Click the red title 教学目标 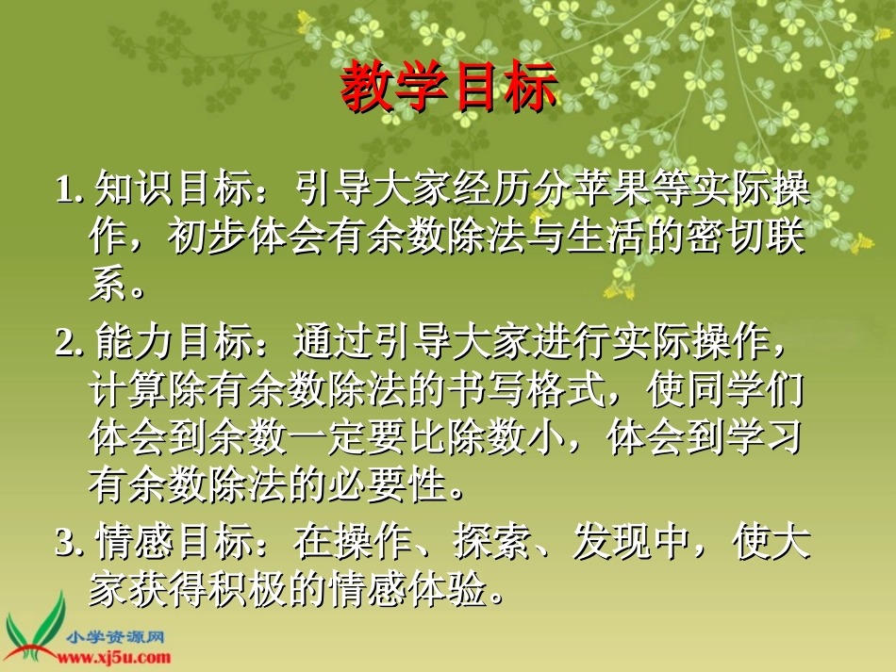(448, 90)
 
